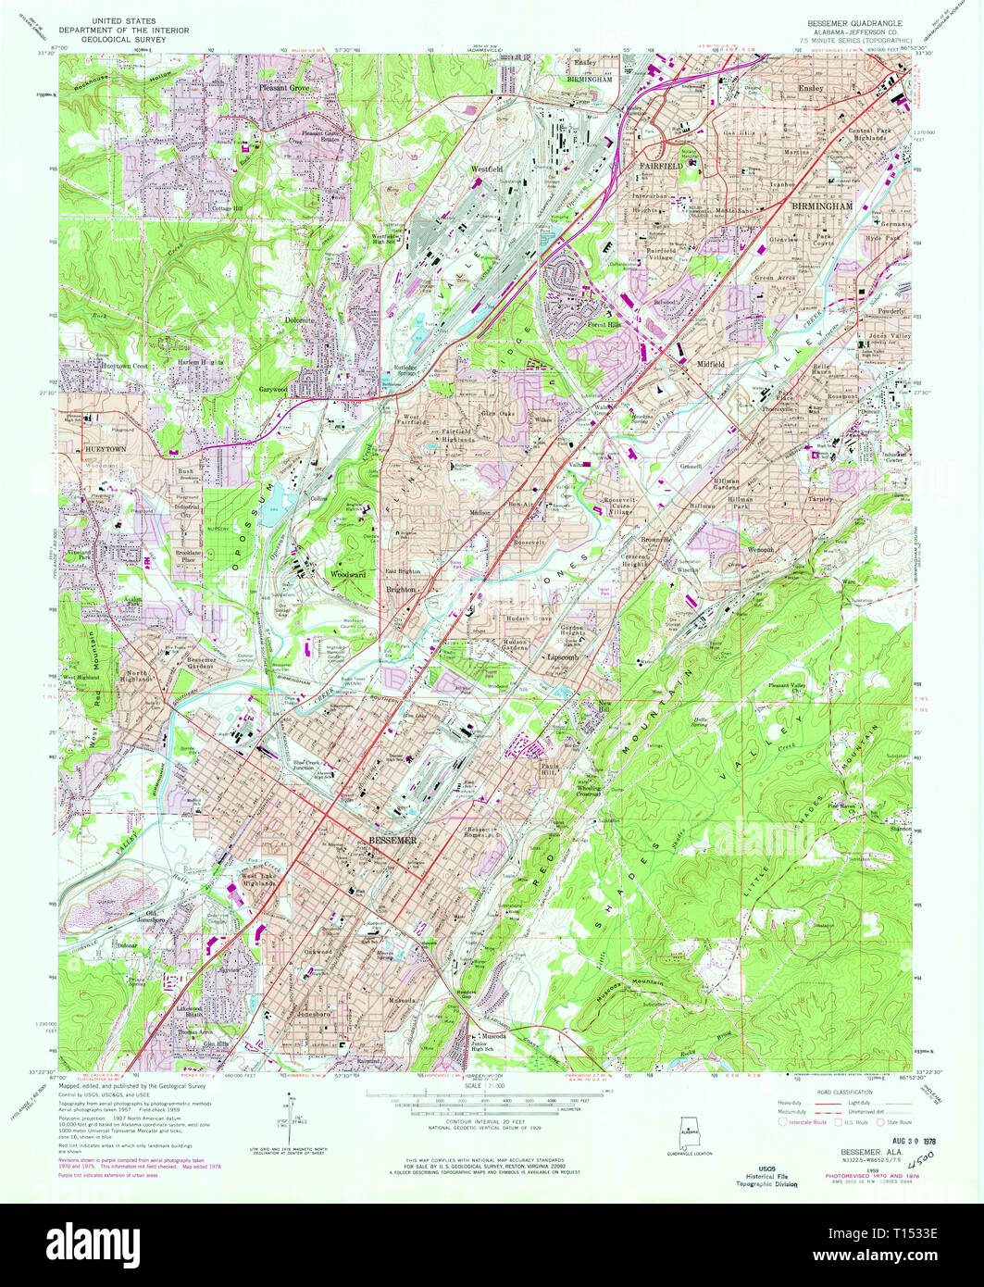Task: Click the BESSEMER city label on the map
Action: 394,839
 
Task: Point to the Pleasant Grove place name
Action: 284,89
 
